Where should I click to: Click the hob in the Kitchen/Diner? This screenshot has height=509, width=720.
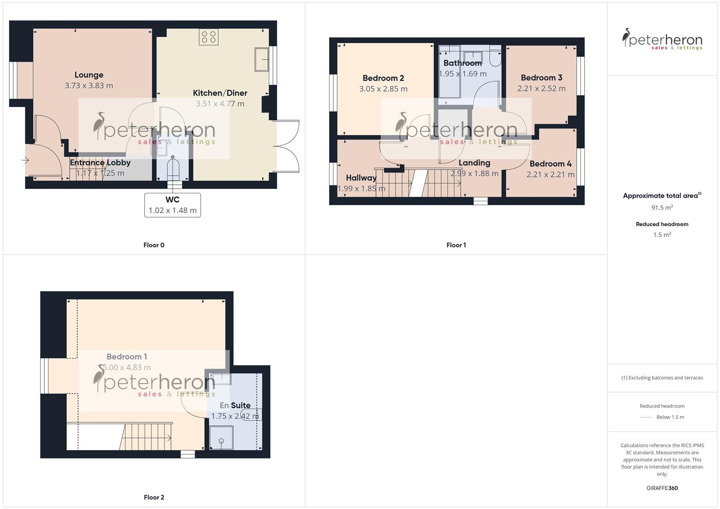click(x=208, y=37)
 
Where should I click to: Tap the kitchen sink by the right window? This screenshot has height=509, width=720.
click(x=262, y=59)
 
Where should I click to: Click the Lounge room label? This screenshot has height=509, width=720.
click(x=89, y=75)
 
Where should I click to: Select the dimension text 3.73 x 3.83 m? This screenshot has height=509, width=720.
click(x=89, y=86)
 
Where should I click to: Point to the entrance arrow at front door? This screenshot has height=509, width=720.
click(x=25, y=161)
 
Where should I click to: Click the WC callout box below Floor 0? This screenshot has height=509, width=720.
click(x=173, y=205)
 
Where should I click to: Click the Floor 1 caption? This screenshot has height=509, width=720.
click(x=456, y=245)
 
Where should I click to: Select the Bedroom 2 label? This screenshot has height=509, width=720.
click(x=383, y=78)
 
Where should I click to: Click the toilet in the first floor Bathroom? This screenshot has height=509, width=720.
click(x=495, y=56)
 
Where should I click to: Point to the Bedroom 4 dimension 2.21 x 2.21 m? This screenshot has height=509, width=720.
click(x=550, y=175)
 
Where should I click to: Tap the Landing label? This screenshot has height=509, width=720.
click(x=474, y=163)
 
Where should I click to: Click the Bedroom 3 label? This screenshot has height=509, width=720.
click(x=541, y=78)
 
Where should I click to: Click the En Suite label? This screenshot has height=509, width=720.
click(x=235, y=405)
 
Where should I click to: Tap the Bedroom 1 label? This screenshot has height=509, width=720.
click(x=126, y=357)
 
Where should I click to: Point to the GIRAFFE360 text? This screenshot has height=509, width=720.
click(x=662, y=488)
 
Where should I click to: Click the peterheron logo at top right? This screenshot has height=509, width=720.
click(x=662, y=39)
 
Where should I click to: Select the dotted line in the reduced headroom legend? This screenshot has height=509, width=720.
click(x=646, y=418)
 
